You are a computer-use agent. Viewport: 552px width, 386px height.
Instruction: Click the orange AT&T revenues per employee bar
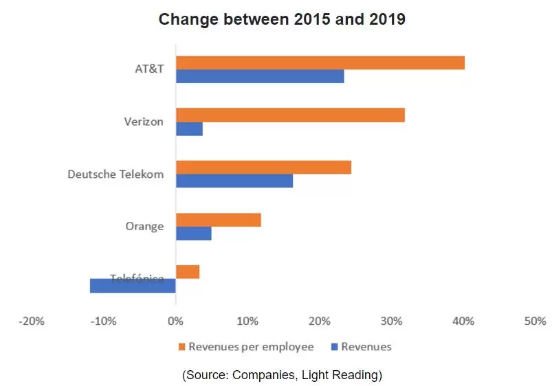(320, 63)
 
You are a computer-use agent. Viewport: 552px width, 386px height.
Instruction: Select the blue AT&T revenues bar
(260, 76)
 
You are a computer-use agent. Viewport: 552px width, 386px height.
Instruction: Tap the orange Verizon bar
(290, 115)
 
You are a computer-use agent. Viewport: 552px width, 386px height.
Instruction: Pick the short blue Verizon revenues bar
(189, 128)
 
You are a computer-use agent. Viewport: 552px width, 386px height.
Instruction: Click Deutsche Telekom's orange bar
(263, 168)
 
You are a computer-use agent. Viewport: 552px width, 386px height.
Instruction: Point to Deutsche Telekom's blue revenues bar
(234, 181)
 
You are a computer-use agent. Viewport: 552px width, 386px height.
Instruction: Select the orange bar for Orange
(219, 220)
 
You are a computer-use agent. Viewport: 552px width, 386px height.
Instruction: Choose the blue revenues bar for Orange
(194, 233)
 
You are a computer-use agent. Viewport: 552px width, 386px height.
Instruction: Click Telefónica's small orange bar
(188, 272)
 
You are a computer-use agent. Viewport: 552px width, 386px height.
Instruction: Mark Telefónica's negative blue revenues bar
(133, 285)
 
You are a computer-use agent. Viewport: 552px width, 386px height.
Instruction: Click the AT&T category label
(149, 69)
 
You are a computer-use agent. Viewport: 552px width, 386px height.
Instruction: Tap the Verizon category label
(144, 122)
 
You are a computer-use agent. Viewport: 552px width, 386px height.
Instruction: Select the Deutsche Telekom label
(115, 174)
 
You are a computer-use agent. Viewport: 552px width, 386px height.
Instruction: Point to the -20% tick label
(32, 321)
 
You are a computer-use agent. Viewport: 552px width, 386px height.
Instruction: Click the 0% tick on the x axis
(176, 321)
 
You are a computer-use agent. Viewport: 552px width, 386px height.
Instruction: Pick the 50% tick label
(535, 321)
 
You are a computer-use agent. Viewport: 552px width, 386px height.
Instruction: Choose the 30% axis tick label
(391, 321)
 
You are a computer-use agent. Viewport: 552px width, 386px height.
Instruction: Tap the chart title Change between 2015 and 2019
(282, 19)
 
